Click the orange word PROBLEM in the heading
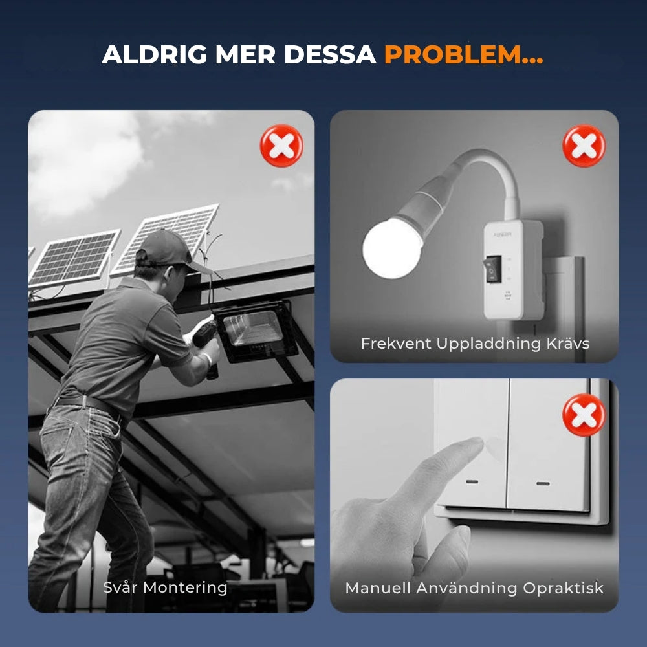(x=453, y=54)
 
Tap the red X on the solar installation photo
(x=281, y=146)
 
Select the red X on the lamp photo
(x=584, y=146)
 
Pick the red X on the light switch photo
(x=584, y=415)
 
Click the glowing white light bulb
(x=393, y=248)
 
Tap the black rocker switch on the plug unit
(x=492, y=269)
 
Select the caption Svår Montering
(x=165, y=587)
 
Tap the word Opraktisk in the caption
(x=564, y=588)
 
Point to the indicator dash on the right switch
(x=543, y=483)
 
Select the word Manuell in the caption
(x=378, y=588)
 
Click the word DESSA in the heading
(x=330, y=54)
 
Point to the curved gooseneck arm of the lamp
(x=495, y=165)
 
